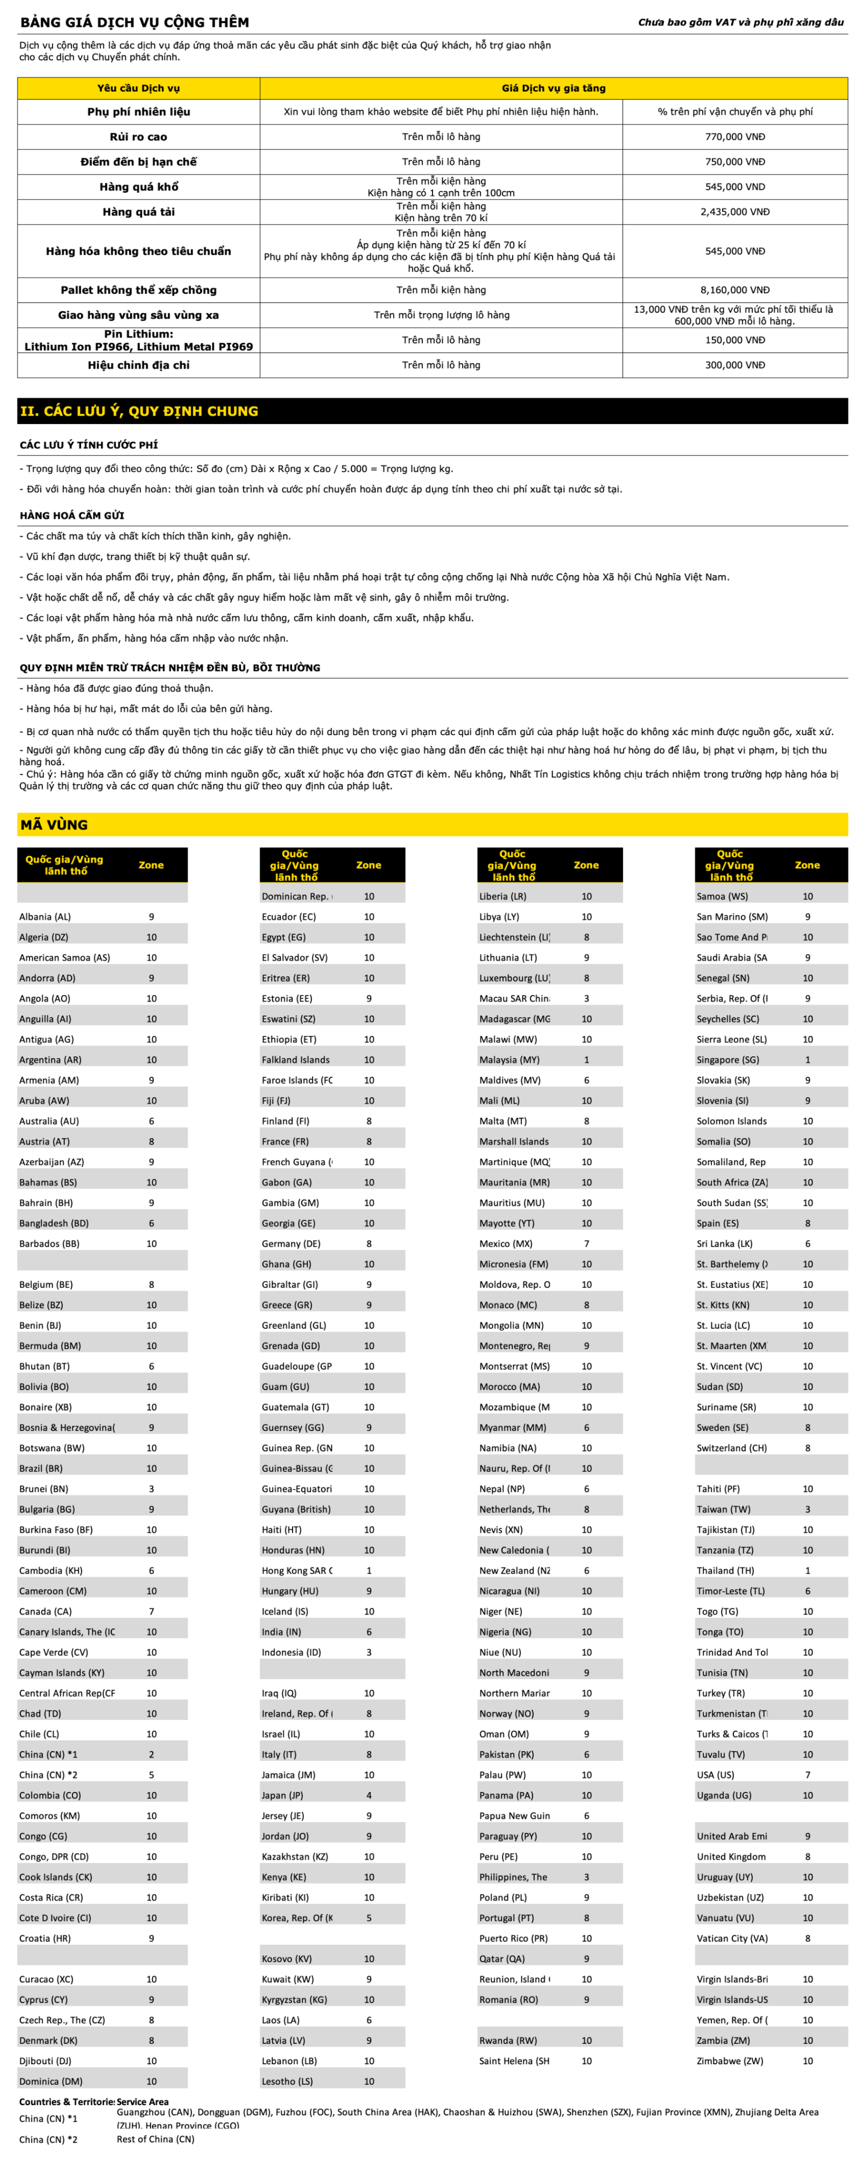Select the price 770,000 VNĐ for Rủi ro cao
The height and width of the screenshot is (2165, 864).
735,137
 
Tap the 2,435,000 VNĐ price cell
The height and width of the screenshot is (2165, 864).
735,212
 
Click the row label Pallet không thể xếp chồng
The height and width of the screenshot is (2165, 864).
139,290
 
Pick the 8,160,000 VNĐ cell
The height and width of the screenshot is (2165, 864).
735,290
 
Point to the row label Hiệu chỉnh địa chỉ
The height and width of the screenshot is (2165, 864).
139,365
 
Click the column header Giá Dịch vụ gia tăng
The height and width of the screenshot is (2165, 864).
553,88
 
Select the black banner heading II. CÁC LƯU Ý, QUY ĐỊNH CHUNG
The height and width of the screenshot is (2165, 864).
139,411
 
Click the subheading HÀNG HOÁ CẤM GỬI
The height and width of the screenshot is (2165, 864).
72,515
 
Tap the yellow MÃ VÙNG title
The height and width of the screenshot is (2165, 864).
55,824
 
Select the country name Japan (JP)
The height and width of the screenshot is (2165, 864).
282,1795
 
